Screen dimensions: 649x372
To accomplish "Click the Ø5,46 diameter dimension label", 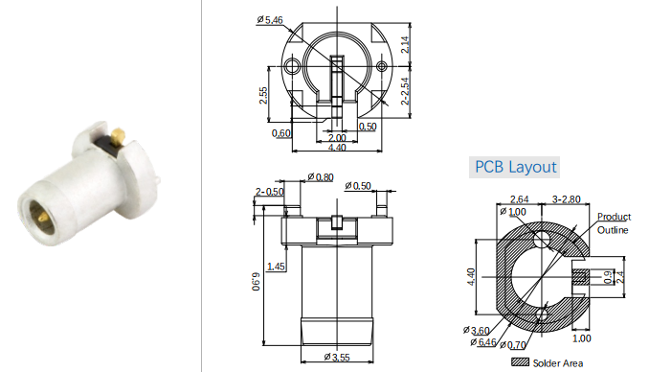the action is click(269, 19).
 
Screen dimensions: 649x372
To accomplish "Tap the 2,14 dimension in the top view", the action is click(405, 44).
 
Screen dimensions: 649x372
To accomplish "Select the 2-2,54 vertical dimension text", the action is click(405, 91).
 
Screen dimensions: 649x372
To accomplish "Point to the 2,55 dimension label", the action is click(263, 95).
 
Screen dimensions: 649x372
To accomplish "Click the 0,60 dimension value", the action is click(281, 133).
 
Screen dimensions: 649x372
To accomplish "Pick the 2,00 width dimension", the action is click(337, 138).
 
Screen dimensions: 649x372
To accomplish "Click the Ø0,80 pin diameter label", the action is click(321, 177).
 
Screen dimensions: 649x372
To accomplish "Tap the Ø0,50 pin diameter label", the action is click(358, 186).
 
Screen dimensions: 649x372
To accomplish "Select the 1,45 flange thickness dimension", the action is click(276, 267).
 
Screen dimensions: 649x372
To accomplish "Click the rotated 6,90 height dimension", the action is click(257, 281).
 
